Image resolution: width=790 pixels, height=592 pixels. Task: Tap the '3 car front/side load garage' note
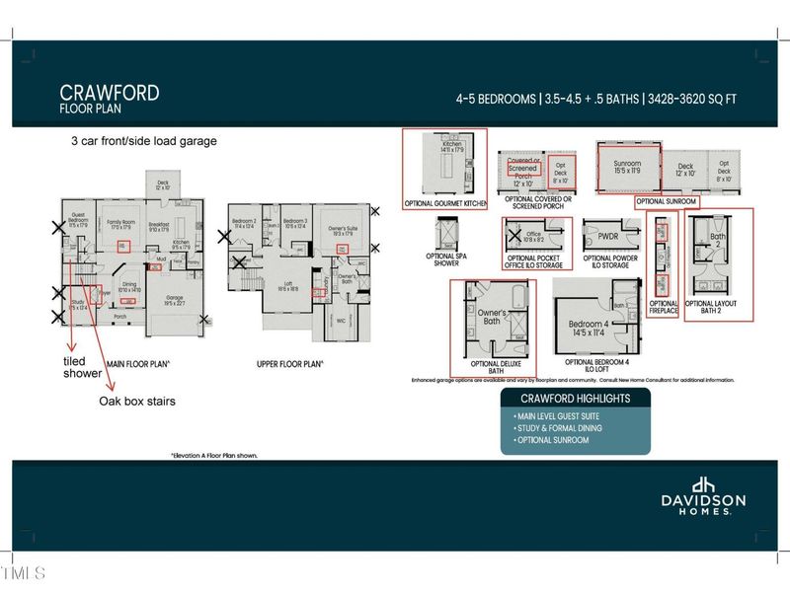point(143,141)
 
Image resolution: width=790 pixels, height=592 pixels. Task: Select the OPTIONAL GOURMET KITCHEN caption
point(445,203)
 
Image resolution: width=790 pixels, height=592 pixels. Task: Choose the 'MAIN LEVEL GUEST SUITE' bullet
point(558,417)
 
